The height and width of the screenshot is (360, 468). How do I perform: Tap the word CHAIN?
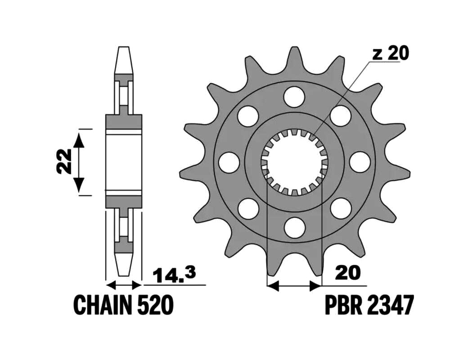click(x=102, y=305)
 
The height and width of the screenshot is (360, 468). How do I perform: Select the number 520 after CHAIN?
click(x=155, y=305)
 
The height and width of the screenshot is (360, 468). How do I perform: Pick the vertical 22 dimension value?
click(x=64, y=161)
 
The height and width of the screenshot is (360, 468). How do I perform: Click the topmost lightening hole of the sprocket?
click(x=295, y=96)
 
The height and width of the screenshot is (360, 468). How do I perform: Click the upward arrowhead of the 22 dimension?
click(x=79, y=140)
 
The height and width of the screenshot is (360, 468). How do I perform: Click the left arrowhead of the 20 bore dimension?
click(x=272, y=286)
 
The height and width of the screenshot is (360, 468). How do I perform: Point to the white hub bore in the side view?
click(x=124, y=162)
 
